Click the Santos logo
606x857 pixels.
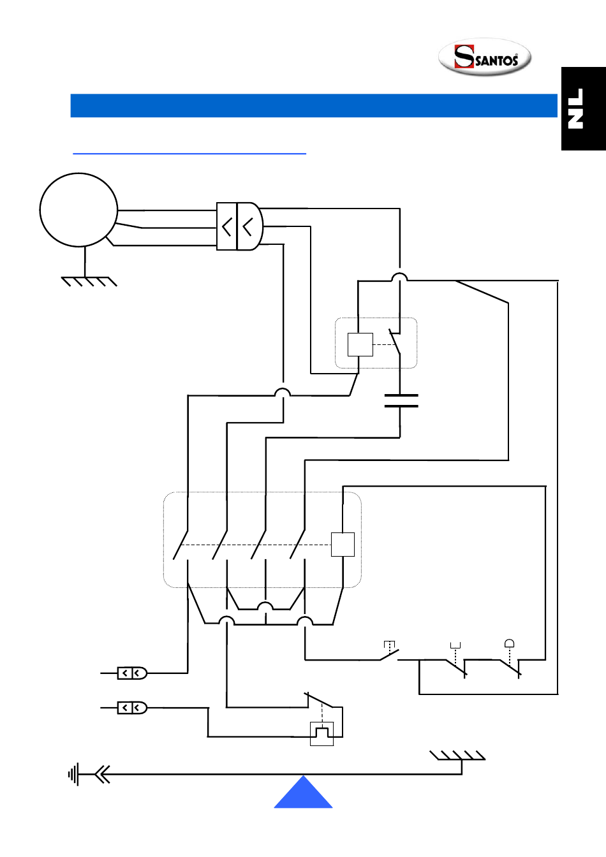tap(485, 57)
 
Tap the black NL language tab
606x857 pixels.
tap(584, 108)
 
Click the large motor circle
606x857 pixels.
tap(78, 210)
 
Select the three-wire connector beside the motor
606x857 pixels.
tap(240, 226)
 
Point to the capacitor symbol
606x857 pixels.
tap(401, 400)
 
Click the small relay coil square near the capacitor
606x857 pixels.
tap(360, 345)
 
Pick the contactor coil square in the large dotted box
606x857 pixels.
tap(343, 545)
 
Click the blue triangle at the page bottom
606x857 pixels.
tap(303, 793)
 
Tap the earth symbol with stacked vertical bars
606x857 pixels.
tap(73, 775)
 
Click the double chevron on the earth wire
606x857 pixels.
tap(102, 775)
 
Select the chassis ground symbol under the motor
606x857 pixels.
tap(89, 282)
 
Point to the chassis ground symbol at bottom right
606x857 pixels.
tap(457, 756)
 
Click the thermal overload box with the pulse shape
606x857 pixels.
tap(321, 734)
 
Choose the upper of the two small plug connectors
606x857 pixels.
tap(132, 673)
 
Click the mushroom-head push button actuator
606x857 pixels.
tap(509, 643)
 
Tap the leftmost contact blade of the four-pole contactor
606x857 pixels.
tap(181, 545)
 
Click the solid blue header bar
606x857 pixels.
tap(314, 106)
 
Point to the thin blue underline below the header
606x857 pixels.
tap(189, 154)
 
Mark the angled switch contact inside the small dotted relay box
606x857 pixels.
tap(395, 342)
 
